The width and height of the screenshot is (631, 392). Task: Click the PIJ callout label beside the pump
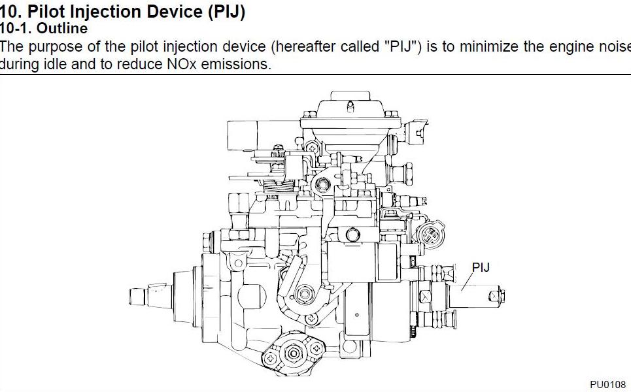click(x=481, y=267)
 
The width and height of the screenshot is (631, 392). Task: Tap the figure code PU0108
click(x=607, y=384)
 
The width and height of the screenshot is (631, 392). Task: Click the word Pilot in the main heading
click(x=46, y=12)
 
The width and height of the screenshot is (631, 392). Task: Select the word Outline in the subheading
click(x=62, y=29)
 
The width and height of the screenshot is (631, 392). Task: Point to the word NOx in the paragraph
click(x=182, y=64)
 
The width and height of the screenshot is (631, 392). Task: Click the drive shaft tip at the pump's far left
click(x=137, y=297)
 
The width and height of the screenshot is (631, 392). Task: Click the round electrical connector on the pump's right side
click(x=431, y=234)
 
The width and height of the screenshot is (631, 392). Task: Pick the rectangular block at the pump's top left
click(x=242, y=135)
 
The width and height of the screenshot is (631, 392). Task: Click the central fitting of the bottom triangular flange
click(x=294, y=353)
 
